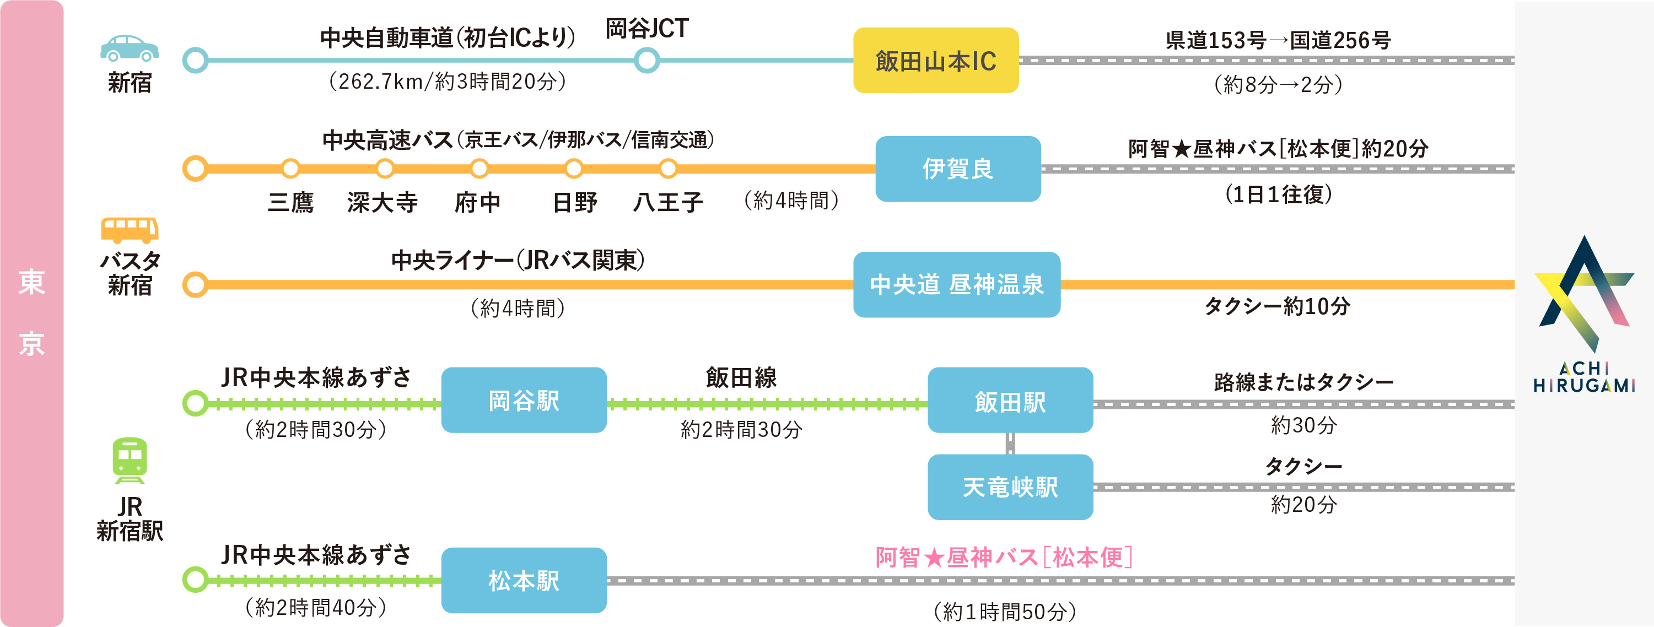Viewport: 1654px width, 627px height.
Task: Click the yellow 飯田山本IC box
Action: coord(935,60)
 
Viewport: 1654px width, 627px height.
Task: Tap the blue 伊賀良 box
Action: coord(957,169)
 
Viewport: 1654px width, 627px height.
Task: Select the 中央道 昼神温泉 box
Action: coord(956,284)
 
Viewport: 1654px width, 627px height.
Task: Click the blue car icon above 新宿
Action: coord(130,48)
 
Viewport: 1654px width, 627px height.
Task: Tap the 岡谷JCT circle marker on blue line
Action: coord(646,60)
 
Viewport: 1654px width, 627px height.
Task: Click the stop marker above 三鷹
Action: coord(290,169)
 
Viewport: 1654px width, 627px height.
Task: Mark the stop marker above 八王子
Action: coord(668,169)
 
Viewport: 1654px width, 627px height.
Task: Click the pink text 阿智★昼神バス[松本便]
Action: coord(1004,557)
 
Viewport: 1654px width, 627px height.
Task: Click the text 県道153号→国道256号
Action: coord(1278,40)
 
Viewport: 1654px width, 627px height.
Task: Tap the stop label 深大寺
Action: coord(382,203)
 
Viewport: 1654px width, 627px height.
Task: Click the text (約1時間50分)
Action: coord(1004,611)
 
